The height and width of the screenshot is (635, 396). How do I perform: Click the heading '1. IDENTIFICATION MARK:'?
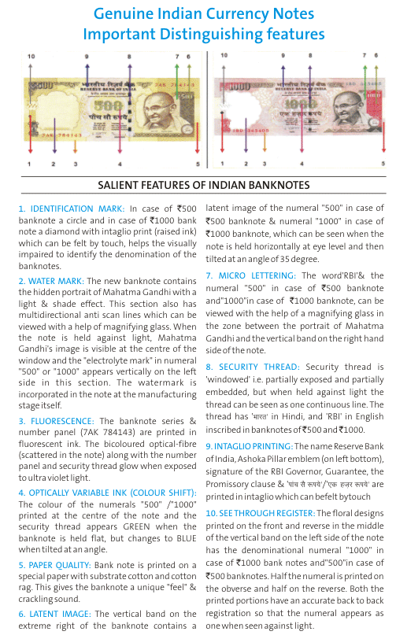point(72,209)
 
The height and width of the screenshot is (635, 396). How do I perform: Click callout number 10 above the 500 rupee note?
point(31,57)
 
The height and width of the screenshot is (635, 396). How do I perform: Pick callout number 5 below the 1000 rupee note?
point(383,164)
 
